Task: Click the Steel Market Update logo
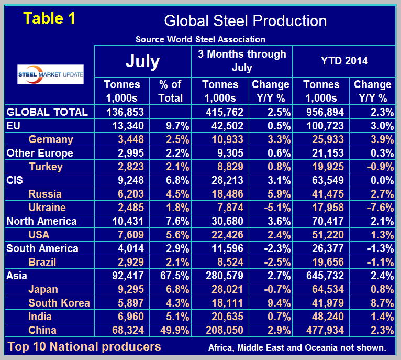(x=50, y=74)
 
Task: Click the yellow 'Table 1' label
(x=50, y=18)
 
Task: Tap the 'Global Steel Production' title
(x=245, y=20)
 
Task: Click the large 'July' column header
(x=142, y=61)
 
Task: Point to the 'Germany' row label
(x=51, y=139)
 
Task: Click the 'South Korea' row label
(x=59, y=303)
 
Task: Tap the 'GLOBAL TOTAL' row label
(x=47, y=112)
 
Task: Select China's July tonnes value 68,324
(x=124, y=330)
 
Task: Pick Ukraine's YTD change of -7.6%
(x=372, y=208)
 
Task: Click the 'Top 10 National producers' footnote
(x=84, y=346)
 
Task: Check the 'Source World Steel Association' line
(x=200, y=39)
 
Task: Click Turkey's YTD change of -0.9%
(x=372, y=167)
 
